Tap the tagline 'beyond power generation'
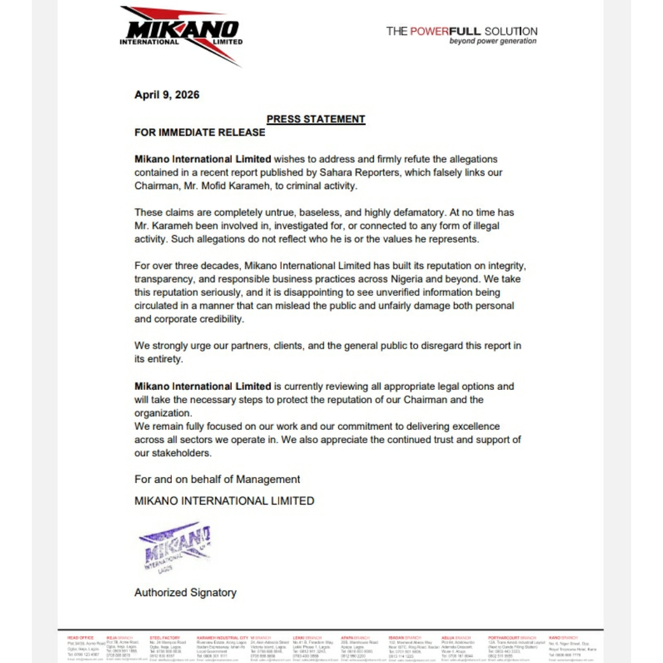tap(492, 42)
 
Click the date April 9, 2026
tap(167, 95)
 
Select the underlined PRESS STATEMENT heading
tap(316, 119)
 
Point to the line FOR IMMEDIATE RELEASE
tap(200, 133)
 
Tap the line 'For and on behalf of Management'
tap(217, 479)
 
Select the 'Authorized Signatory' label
tap(185, 592)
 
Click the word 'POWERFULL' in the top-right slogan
tap(454, 31)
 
